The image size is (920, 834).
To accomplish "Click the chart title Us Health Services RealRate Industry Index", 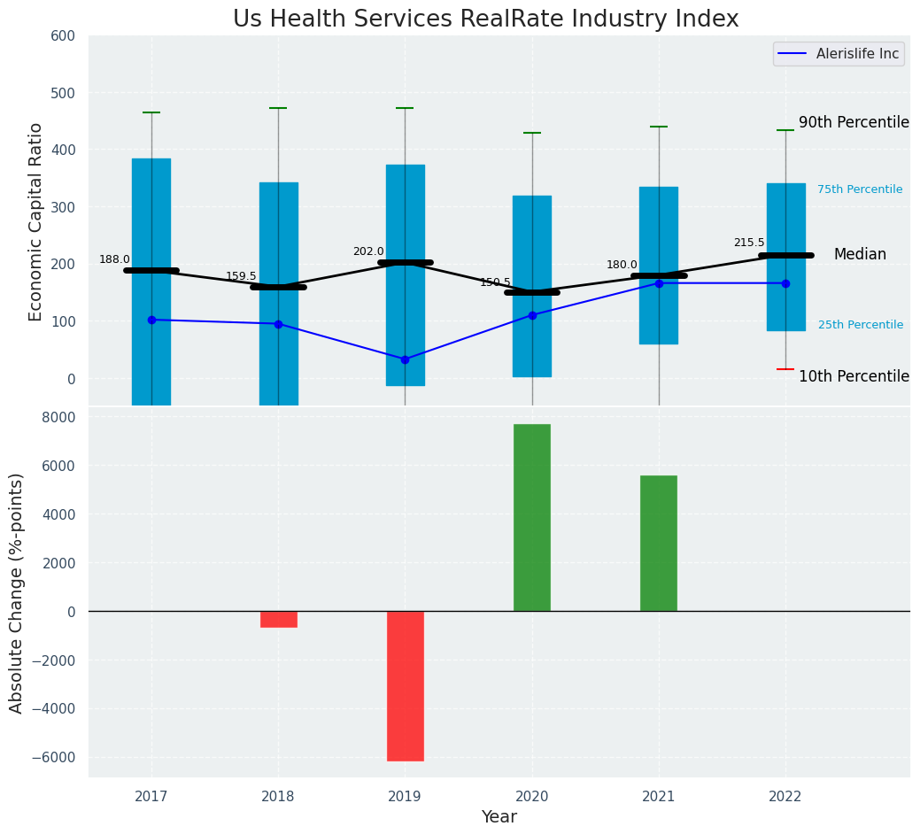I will (x=485, y=19).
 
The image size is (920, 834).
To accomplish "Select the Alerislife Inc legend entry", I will (x=839, y=54).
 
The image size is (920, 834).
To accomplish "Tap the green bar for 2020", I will (x=532, y=517).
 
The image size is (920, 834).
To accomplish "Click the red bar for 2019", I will (x=406, y=685).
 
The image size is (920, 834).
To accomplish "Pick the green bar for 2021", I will (x=659, y=543).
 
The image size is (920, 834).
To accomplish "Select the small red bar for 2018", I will (x=279, y=619).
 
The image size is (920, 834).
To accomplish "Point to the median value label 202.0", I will (x=368, y=251).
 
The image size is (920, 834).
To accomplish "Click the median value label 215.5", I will (x=749, y=243).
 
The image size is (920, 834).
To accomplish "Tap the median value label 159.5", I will (x=241, y=276).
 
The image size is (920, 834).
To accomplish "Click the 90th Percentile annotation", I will (x=854, y=123).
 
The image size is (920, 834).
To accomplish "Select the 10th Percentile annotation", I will (x=854, y=377).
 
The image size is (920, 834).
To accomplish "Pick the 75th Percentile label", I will (x=860, y=189).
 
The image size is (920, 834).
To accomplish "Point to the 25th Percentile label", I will (x=861, y=325).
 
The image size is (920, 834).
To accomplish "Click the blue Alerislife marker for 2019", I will (x=406, y=359).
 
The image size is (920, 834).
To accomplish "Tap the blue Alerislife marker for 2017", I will (x=151, y=320).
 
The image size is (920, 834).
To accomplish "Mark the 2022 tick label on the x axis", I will (x=785, y=797).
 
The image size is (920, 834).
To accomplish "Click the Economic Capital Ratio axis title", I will (x=36, y=221).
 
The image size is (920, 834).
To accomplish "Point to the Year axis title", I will (x=499, y=817).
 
